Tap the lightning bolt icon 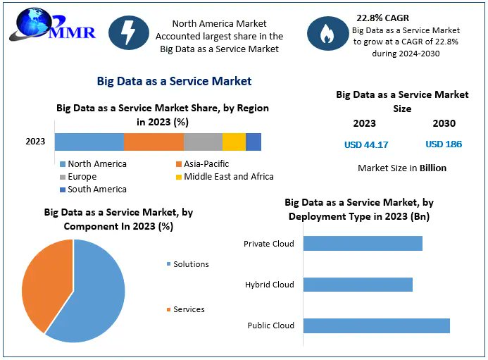[128, 33]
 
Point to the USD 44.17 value [365, 144]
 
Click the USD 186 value [444, 144]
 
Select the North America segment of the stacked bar [89, 142]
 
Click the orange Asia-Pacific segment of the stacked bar [154, 142]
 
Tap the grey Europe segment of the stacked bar [203, 142]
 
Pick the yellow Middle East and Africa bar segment [234, 142]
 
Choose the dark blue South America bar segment [254, 142]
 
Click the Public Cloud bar [377, 325]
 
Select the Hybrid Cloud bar [358, 285]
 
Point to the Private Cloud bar [363, 243]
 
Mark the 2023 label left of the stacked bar [35, 142]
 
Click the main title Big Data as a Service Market [174, 82]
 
